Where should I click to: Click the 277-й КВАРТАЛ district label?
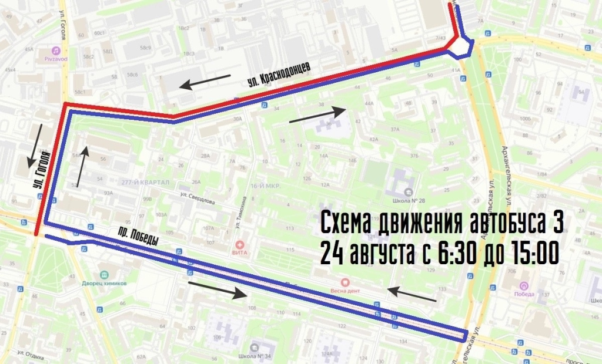(144, 183)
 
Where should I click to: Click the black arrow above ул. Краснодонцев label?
(205, 82)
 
